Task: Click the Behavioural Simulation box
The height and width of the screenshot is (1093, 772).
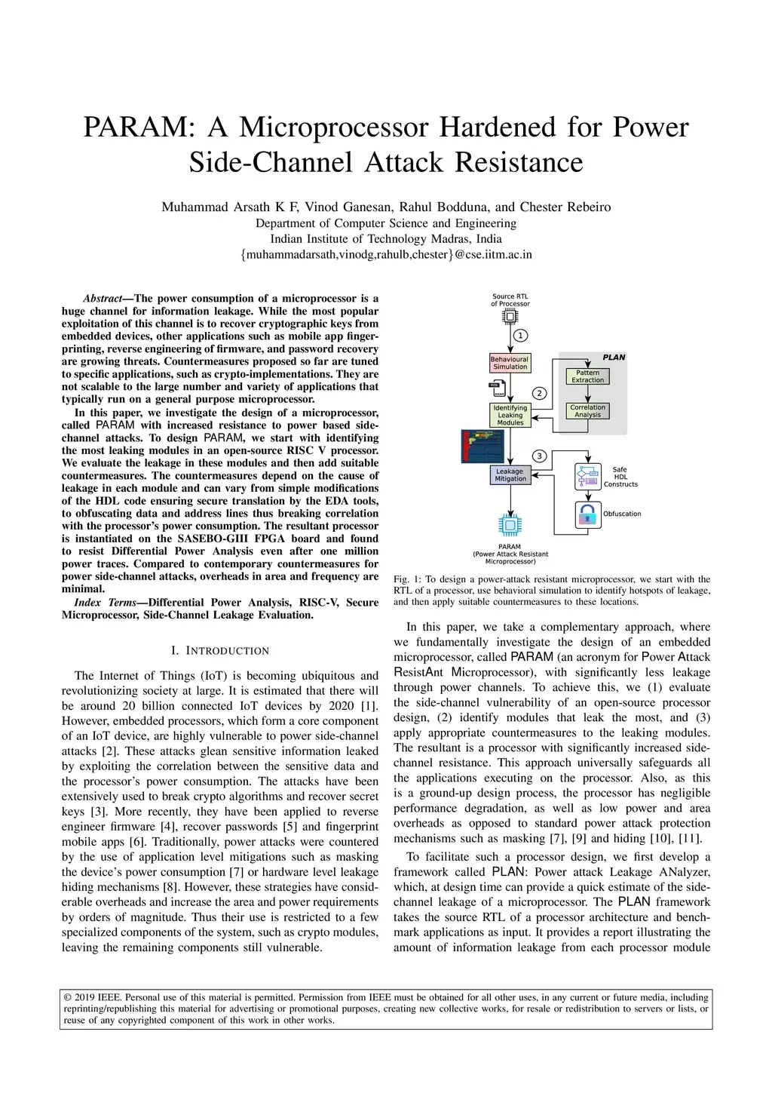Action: click(x=510, y=363)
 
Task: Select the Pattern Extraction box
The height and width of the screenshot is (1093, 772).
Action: click(x=587, y=376)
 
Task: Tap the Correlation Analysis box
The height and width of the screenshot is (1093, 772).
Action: click(x=587, y=411)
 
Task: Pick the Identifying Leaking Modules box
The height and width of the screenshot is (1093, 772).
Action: click(x=510, y=416)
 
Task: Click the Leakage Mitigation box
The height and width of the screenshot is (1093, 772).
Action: click(x=510, y=475)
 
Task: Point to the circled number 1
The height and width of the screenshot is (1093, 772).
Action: click(x=520, y=335)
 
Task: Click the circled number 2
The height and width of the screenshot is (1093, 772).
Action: click(x=539, y=393)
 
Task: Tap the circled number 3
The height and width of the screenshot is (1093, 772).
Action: click(x=539, y=456)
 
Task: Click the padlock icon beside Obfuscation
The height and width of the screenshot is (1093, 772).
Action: click(x=587, y=514)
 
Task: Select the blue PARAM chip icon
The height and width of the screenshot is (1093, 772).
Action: click(x=510, y=525)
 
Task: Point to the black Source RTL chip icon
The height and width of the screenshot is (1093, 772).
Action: click(x=510, y=317)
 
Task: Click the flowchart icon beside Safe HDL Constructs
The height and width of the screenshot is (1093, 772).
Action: click(x=587, y=477)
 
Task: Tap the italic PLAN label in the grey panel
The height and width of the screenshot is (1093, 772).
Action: click(x=614, y=358)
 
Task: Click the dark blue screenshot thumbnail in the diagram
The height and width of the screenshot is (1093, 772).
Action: click(x=482, y=446)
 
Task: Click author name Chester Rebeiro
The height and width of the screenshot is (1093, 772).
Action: click(x=565, y=207)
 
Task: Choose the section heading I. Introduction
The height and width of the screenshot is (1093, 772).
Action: click(x=220, y=651)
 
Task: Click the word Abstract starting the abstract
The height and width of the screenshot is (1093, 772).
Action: click(x=103, y=299)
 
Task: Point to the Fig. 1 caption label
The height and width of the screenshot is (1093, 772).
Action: click(x=407, y=580)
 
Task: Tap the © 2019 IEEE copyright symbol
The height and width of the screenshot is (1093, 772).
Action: click(x=68, y=997)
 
